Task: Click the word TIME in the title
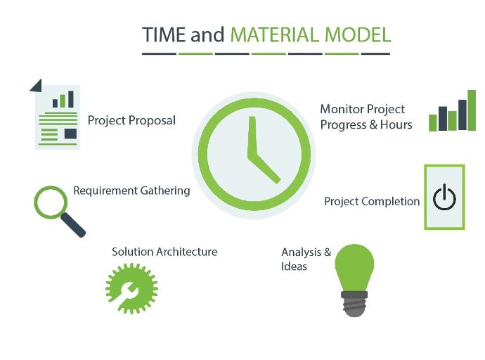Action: tap(164, 35)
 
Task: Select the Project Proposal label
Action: tap(131, 120)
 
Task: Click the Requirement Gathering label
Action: tap(131, 191)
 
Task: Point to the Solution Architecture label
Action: tap(164, 252)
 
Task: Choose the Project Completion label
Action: tap(372, 202)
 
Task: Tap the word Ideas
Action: tap(294, 266)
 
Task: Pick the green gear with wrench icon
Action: tap(131, 288)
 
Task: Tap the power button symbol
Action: tap(444, 198)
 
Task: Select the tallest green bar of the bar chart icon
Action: tap(471, 110)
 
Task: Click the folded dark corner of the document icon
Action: tap(37, 85)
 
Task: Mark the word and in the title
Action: tap(207, 35)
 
